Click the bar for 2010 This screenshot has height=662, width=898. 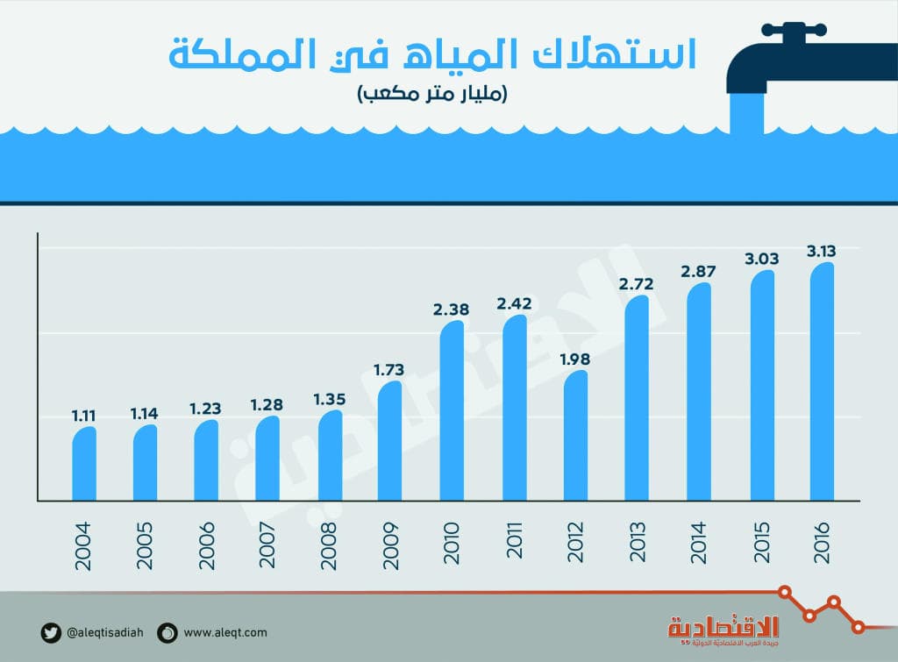pos(452,412)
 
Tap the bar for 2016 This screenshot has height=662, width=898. pos(822,382)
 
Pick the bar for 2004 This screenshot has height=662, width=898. pos(84,464)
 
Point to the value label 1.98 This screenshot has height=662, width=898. pos(575,359)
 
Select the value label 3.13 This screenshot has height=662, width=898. pos(822,251)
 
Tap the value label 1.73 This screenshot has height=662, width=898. pos(390,369)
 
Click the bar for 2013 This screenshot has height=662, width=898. pos(638,399)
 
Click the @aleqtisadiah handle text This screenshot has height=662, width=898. pos(107,632)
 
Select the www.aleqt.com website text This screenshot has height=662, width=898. pos(225,632)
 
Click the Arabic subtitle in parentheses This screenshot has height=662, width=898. pos(431,93)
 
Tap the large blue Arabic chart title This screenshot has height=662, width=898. pos(431,54)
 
